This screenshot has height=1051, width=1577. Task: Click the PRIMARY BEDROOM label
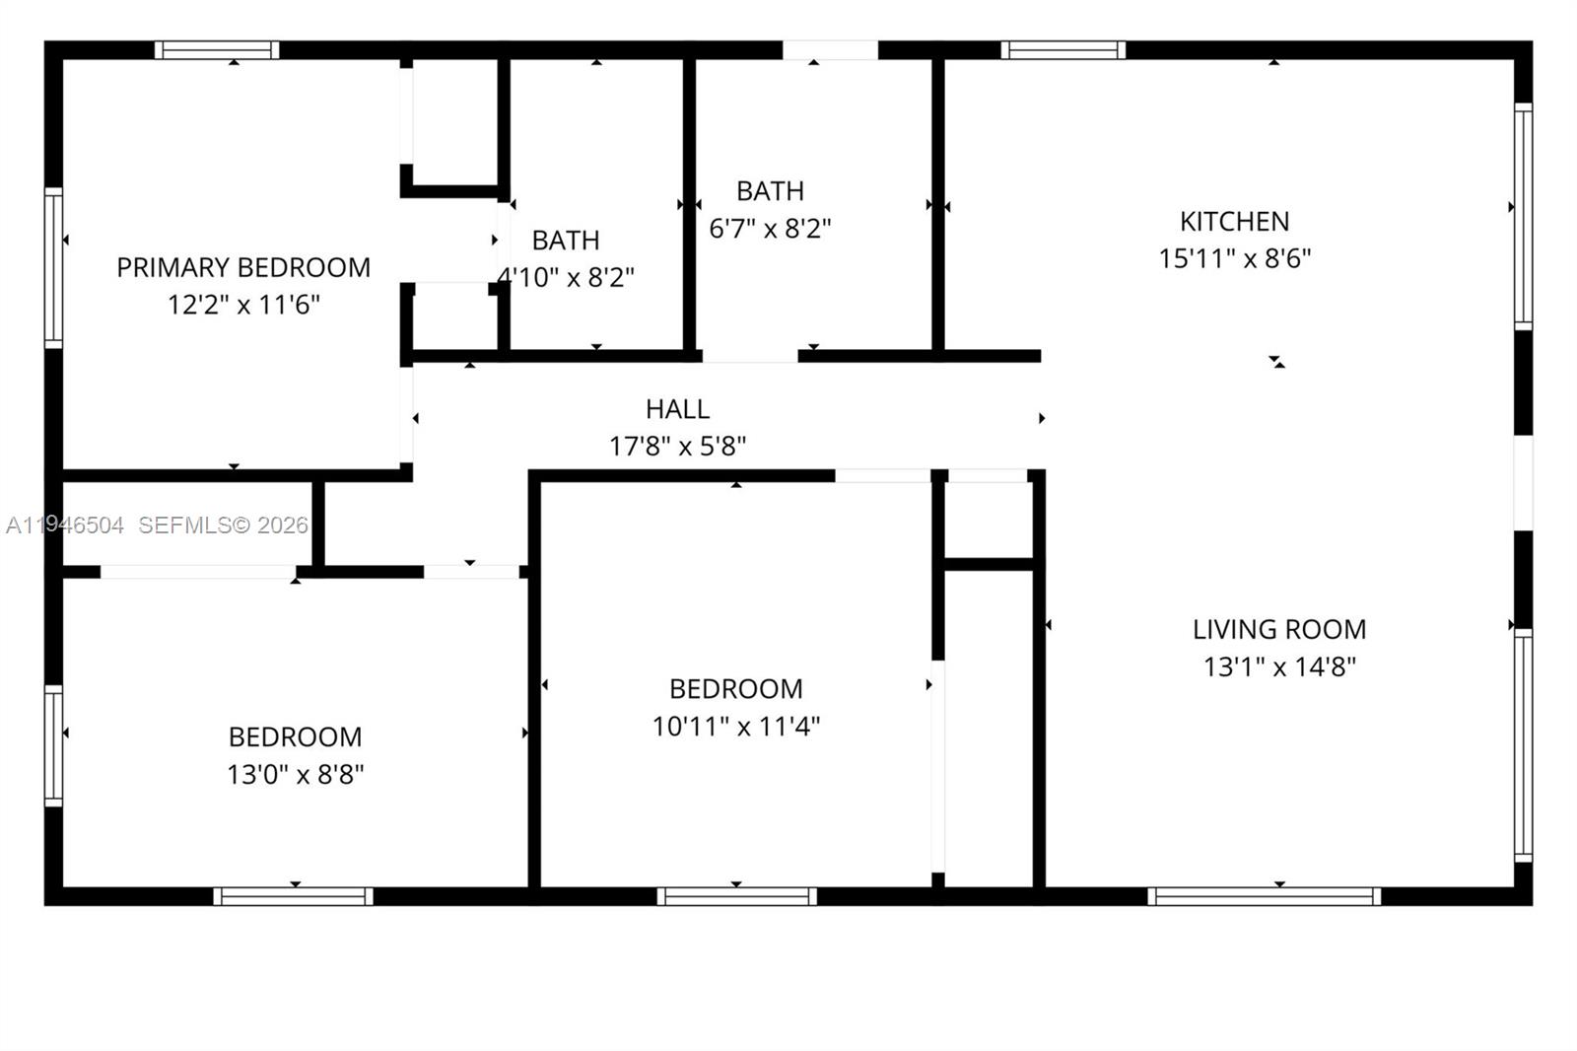point(243,267)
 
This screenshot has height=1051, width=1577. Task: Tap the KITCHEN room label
point(1234,221)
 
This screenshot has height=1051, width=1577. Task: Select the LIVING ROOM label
point(1279,629)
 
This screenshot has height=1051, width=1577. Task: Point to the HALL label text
point(677,408)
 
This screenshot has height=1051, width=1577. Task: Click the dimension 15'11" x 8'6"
point(1234,258)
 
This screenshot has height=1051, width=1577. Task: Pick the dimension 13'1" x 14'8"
point(1279,666)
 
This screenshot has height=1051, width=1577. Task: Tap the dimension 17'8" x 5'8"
point(677,446)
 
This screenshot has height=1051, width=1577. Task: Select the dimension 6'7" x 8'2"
point(770,229)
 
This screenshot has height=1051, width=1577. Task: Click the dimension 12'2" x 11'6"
point(243,305)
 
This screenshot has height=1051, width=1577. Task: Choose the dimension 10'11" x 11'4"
point(736,727)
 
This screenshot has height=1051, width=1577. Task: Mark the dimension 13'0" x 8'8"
point(295,774)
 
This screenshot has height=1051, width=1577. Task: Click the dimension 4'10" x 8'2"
point(566,277)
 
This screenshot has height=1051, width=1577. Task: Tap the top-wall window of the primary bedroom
point(217,50)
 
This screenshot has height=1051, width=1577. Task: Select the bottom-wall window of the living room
point(1264,896)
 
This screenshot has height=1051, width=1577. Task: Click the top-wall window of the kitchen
point(1063,50)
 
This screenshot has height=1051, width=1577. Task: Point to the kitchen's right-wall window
point(1523,217)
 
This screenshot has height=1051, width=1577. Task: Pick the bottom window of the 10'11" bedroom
point(736,896)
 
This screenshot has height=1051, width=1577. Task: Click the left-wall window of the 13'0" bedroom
point(53,745)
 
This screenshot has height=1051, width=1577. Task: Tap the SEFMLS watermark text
point(223,525)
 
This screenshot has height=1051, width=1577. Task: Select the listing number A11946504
point(65,525)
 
